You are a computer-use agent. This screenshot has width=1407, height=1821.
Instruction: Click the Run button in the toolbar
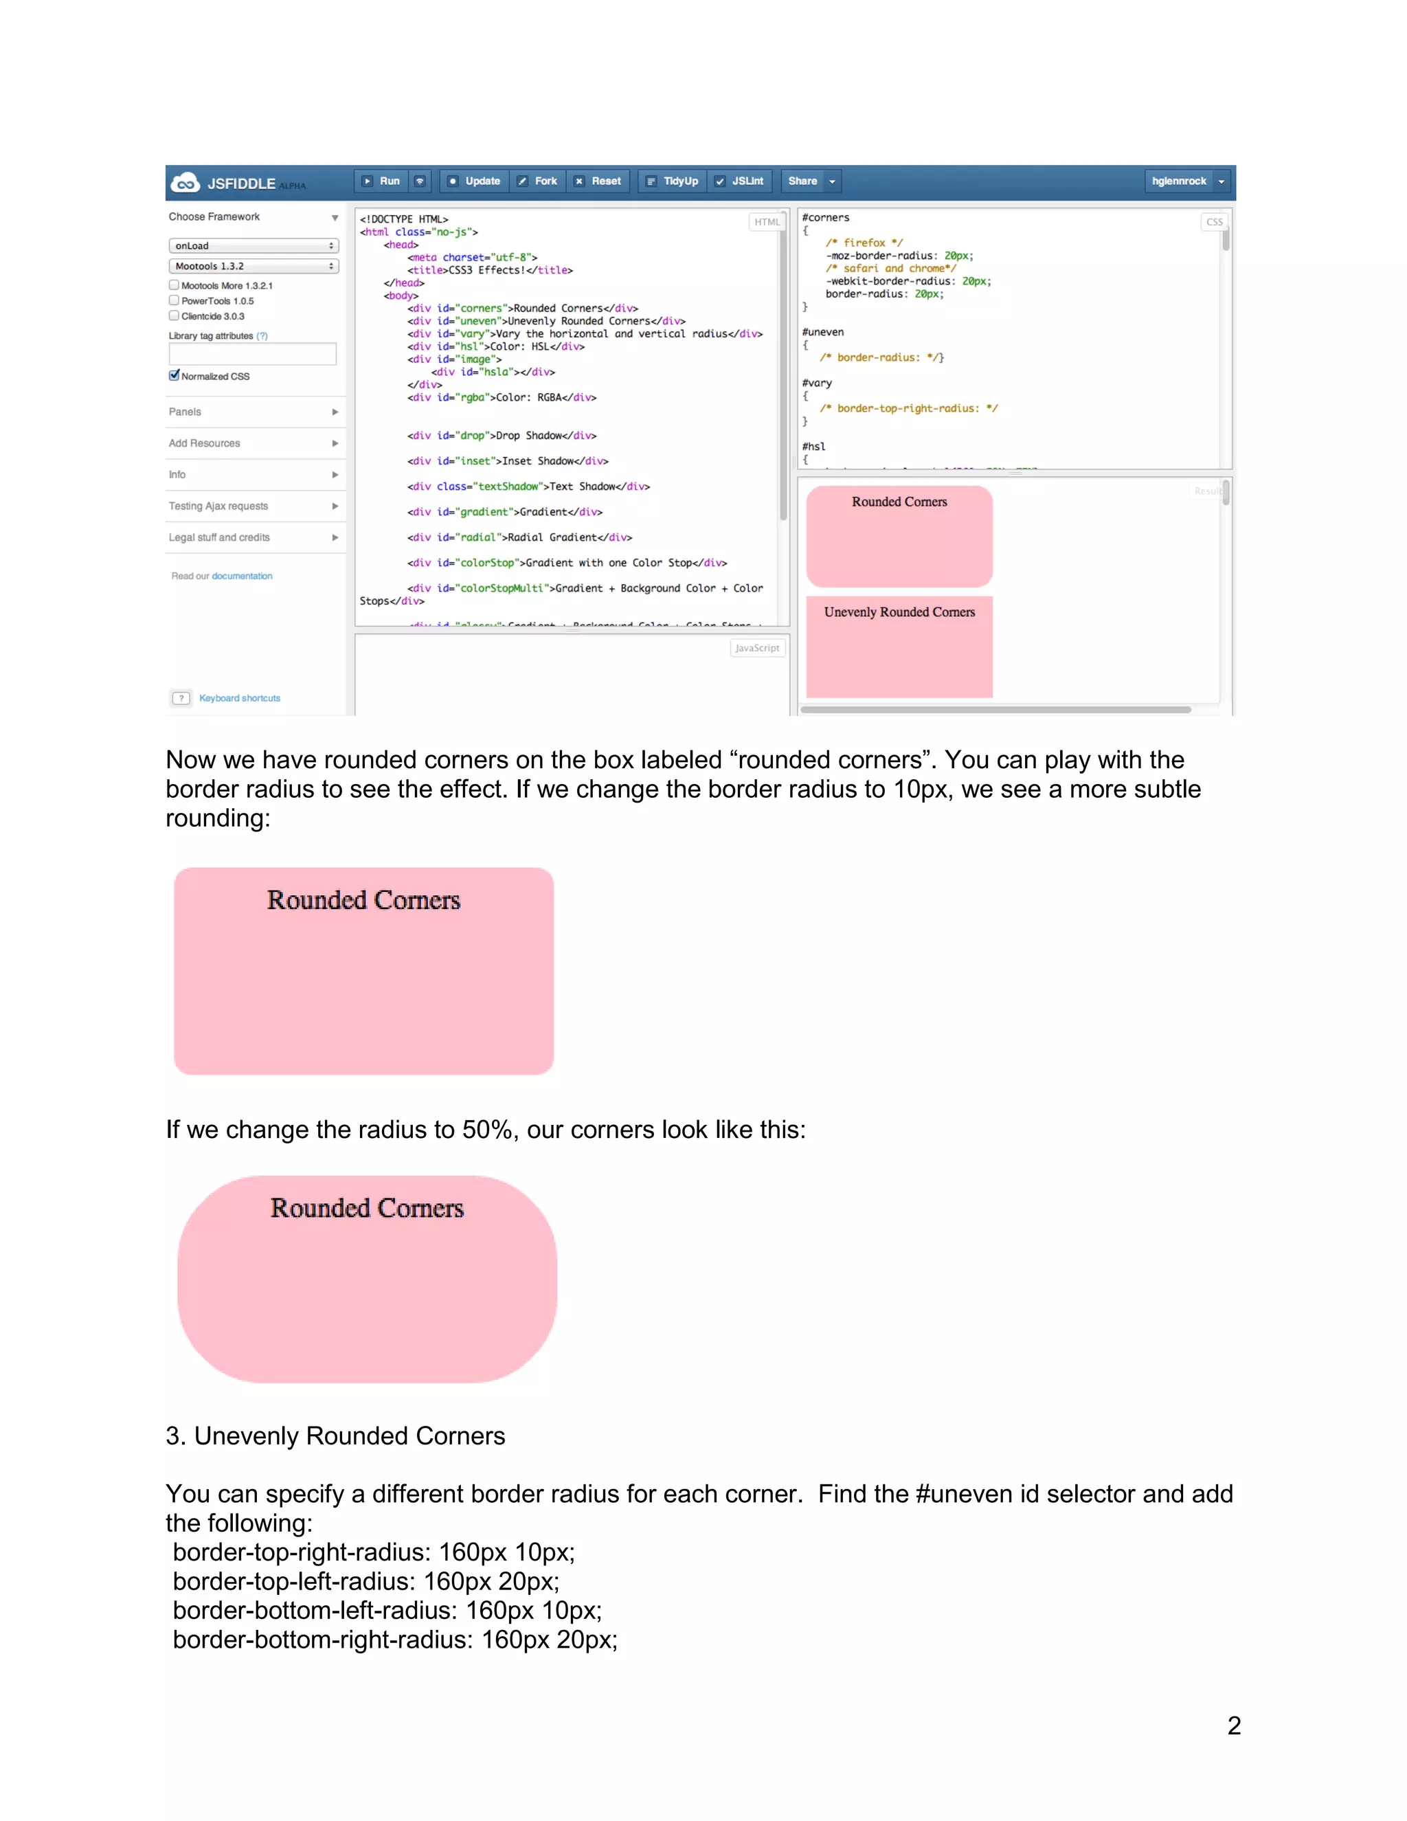click(x=382, y=181)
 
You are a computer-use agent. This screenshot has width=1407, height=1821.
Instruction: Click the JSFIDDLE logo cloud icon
click(x=185, y=183)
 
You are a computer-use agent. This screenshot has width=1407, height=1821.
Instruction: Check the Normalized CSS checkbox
click(x=175, y=375)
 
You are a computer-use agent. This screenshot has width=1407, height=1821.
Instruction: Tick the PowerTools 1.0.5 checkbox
click(x=175, y=300)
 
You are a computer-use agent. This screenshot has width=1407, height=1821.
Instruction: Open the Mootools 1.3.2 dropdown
click(x=254, y=266)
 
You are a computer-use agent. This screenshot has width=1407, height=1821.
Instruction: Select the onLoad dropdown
click(x=254, y=246)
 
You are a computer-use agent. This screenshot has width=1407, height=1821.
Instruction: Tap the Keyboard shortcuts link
click(x=239, y=698)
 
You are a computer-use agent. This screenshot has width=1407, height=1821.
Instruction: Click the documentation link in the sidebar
click(x=242, y=576)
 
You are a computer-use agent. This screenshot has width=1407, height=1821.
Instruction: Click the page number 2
click(x=1234, y=1725)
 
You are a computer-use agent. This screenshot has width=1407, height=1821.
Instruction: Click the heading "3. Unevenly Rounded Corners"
click(x=335, y=1435)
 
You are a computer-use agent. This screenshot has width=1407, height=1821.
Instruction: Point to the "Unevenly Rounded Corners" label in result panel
click(x=899, y=612)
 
